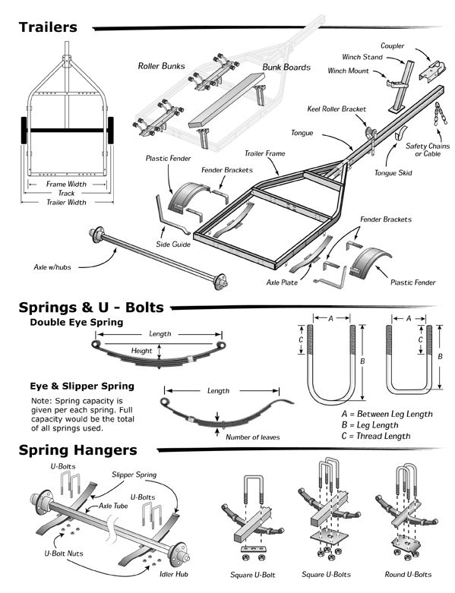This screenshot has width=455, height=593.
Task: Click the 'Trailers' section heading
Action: click(48, 27)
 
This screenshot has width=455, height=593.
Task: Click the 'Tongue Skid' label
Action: click(393, 173)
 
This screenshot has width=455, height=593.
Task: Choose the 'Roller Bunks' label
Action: click(161, 67)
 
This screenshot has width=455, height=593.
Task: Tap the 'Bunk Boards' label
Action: click(286, 67)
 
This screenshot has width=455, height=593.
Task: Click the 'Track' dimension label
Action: click(67, 193)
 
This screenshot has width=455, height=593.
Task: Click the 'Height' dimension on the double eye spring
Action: click(142, 350)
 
